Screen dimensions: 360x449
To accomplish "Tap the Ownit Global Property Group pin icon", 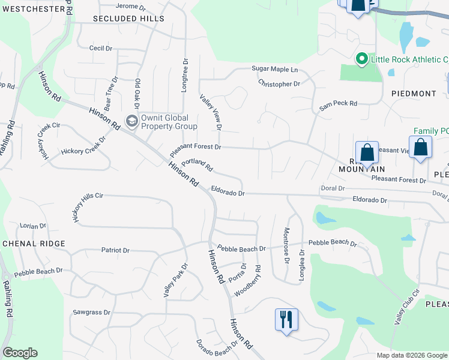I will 131,122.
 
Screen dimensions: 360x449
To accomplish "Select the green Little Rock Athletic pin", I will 361,59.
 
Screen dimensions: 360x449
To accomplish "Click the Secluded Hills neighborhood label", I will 128,19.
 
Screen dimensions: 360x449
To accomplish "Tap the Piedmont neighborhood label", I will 414,94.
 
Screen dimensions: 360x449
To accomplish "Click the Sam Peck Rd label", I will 338,104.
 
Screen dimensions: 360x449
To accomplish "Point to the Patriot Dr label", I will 115,250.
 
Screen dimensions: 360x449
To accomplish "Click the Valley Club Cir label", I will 406,307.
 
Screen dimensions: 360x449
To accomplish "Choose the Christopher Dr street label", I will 279,84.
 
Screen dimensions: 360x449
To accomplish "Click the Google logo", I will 20,353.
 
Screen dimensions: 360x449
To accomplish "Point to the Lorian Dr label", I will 33,226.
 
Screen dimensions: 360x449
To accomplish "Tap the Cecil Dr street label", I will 100,48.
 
